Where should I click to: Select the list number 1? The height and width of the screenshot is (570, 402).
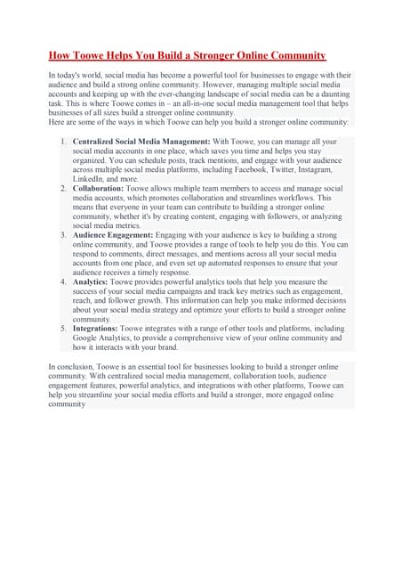[63, 142]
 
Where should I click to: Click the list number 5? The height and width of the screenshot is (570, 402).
[63, 329]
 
